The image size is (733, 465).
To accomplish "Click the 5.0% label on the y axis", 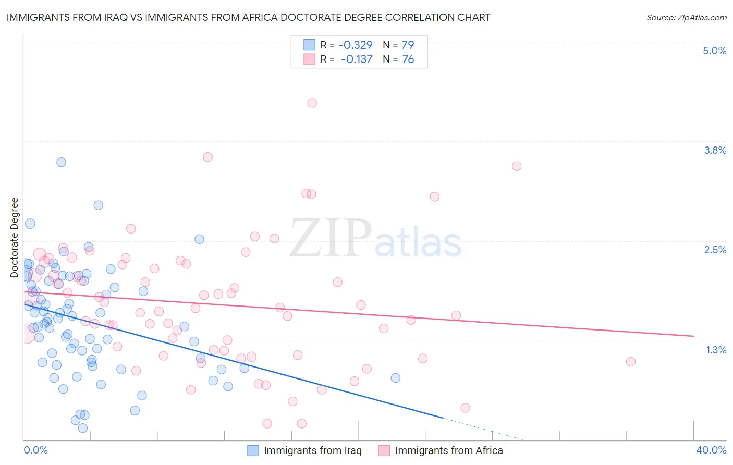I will click(x=714, y=51).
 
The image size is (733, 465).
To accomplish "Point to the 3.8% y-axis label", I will click(x=715, y=150).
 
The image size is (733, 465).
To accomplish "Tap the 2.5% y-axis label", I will click(x=715, y=250).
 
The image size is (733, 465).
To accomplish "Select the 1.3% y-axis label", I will click(x=716, y=350).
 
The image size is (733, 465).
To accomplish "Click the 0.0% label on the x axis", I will click(x=35, y=450).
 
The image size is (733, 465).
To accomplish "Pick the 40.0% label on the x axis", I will click(x=711, y=450).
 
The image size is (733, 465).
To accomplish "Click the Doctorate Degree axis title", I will click(x=14, y=238).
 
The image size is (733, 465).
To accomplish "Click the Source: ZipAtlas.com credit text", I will click(x=686, y=17).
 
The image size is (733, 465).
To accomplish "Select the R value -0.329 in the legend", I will click(x=356, y=45).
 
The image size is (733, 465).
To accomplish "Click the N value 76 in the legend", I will click(x=408, y=59).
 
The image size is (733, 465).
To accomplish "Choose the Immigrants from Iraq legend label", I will click(x=312, y=450).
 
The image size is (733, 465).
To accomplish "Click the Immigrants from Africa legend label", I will click(x=449, y=450).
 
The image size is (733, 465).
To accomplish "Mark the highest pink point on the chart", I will click(x=312, y=103).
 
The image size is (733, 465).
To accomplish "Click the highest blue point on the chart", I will click(x=61, y=162).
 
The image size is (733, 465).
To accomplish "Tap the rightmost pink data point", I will click(x=630, y=362).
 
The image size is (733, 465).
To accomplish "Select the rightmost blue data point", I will click(x=395, y=378).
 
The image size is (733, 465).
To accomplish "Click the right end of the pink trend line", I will click(x=693, y=336).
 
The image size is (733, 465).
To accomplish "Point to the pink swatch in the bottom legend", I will click(x=384, y=450).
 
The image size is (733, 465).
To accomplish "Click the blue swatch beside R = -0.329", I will click(x=309, y=45).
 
